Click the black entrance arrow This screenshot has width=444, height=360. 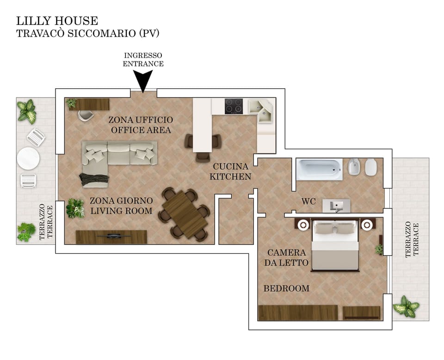coord(143,81)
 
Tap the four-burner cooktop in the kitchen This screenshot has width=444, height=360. coord(234,106)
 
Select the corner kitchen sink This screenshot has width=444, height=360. coord(260,110)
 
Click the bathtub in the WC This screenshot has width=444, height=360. coord(319,169)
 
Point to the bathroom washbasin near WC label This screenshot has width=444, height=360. coord(336,206)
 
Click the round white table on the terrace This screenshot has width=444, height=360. coord(28,159)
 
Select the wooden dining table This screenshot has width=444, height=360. coord(185,214)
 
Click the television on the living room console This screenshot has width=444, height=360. coord(114,236)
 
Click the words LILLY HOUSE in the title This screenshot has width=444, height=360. coord(57,21)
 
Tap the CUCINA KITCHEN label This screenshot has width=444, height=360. coord(230,171)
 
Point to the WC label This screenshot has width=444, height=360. coord(308,201)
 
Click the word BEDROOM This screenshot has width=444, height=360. coord(287,288)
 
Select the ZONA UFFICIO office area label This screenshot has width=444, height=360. coord(141,125)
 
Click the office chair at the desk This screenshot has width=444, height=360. coord(86,116)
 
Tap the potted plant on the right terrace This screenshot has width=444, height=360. coord(407,306)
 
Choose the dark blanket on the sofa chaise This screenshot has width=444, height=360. coord(94,179)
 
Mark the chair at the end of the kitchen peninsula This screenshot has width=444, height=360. coord(203,157)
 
